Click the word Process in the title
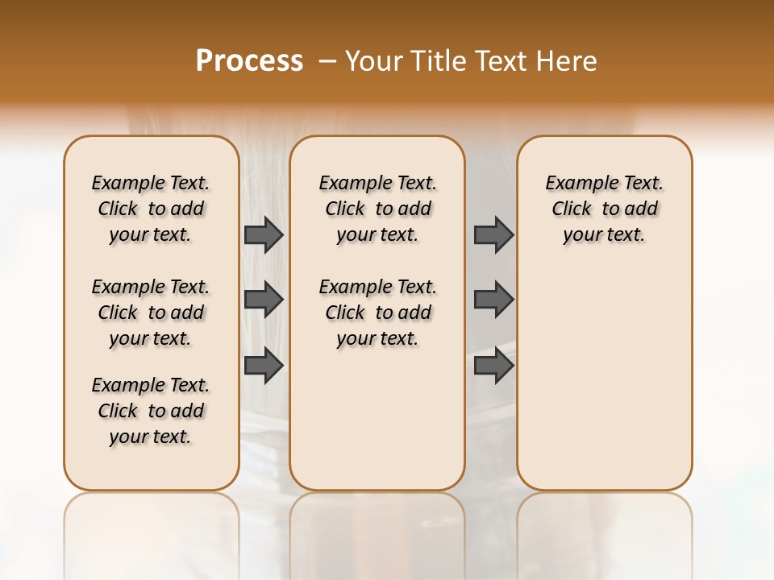(249, 61)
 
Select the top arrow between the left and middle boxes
(264, 234)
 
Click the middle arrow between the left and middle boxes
(264, 300)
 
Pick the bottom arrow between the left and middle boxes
(264, 365)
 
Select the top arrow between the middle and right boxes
(493, 234)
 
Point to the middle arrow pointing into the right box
(493, 300)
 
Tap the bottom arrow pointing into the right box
(493, 365)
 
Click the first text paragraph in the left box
(151, 209)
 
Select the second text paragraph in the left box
(151, 313)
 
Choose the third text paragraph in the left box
(151, 411)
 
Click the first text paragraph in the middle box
(377, 209)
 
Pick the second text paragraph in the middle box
(377, 313)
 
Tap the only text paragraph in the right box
(604, 209)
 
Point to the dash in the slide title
(327, 61)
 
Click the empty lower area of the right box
(604, 387)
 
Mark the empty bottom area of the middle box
(377, 427)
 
